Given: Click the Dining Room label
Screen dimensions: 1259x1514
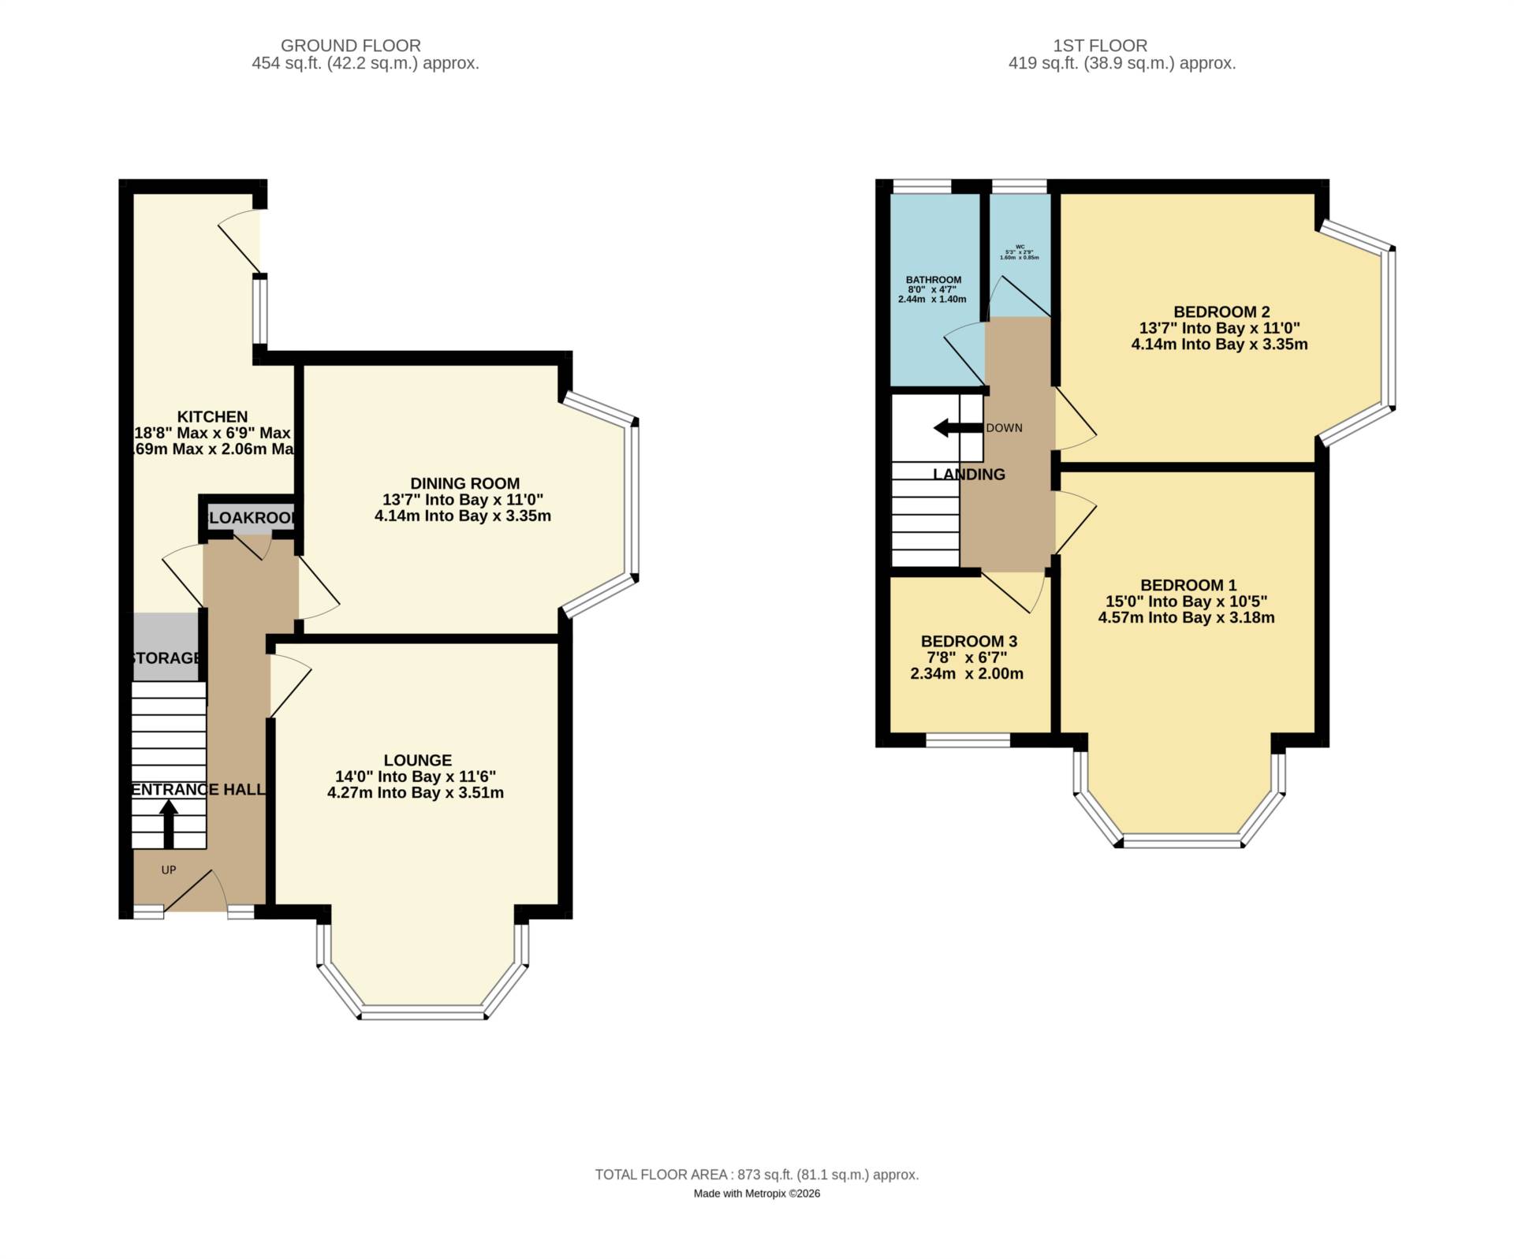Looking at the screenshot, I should (x=464, y=483).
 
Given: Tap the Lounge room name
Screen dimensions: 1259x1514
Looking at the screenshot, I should (x=417, y=760).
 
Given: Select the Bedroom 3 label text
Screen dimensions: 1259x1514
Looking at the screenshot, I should (x=968, y=641).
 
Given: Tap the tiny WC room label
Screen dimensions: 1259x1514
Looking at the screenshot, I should (x=1019, y=247).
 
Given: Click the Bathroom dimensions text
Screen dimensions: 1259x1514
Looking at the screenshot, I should (x=933, y=294).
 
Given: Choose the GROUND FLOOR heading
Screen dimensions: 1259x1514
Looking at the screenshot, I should (x=351, y=46).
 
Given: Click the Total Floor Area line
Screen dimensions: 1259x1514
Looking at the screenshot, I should (x=756, y=1175).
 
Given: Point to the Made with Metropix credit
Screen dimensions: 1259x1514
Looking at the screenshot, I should (x=756, y=1194).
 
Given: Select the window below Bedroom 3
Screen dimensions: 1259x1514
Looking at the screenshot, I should (x=968, y=740).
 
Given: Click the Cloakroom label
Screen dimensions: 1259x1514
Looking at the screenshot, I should (x=251, y=518).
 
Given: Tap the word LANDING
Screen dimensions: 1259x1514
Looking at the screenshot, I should (x=968, y=475).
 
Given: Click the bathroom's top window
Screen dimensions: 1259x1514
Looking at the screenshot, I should (x=920, y=187).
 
